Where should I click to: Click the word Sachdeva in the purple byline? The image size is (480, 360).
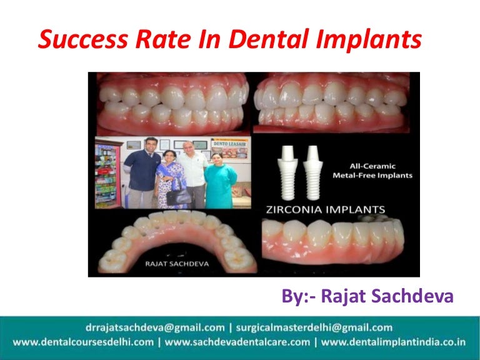414,297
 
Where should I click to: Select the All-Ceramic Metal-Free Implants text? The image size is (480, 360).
372,171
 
